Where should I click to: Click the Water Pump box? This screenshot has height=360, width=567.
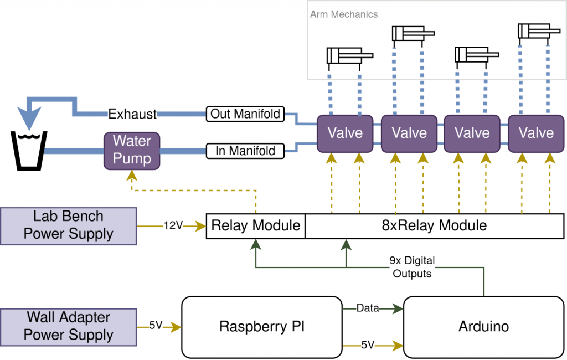132,150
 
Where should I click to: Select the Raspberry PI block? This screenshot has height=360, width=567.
262,326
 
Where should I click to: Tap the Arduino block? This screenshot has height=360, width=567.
483,326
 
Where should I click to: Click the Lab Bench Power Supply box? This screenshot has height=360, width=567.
68,225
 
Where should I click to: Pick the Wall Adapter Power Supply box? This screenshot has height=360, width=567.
68,326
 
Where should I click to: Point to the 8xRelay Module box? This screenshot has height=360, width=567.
434,225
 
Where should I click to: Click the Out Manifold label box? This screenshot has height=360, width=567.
245,114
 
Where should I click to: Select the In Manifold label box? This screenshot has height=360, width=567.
245,150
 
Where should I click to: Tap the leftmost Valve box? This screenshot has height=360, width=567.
345,133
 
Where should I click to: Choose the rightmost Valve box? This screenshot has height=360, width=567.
536,133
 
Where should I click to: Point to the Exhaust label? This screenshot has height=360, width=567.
132,114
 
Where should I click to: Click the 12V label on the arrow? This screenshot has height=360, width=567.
172,225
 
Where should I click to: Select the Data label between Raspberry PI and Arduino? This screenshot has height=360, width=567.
367,308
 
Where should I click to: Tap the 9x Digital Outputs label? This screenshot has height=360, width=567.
412,267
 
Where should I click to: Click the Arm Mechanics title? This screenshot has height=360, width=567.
344,14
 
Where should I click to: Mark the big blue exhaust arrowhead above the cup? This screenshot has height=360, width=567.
28,117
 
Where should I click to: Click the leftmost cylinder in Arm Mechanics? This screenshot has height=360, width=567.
349,56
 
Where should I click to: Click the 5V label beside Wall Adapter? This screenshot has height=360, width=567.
156,326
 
